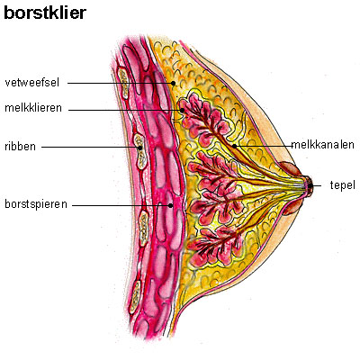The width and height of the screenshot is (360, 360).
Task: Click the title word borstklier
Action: click(x=45, y=13)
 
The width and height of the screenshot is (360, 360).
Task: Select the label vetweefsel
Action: click(x=32, y=83)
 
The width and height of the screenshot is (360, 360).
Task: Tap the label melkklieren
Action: click(x=33, y=108)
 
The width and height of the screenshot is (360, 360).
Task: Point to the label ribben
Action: click(x=20, y=147)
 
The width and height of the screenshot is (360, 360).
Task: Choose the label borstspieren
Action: click(x=36, y=204)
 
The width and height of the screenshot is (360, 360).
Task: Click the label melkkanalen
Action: click(x=323, y=145)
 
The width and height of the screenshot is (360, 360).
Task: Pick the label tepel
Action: click(x=343, y=185)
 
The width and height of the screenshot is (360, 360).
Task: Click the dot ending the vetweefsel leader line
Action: click(x=173, y=83)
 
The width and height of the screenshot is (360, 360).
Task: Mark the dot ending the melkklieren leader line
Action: click(x=182, y=110)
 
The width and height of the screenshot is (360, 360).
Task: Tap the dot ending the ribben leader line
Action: click(x=139, y=148)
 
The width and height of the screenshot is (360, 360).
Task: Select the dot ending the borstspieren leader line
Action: click(x=170, y=205)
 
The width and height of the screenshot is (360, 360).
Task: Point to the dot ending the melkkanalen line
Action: click(x=234, y=146)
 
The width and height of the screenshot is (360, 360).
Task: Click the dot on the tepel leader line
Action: click(x=310, y=186)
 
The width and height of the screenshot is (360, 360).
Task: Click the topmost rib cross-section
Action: click(x=123, y=83)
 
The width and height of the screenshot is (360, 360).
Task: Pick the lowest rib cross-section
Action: click(x=135, y=297)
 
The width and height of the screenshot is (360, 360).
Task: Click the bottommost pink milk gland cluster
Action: click(x=215, y=247)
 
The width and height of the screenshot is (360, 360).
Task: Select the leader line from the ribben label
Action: click(x=91, y=148)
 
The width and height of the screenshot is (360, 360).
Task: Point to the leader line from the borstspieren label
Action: click(x=121, y=205)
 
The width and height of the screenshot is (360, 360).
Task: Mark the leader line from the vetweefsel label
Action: click(x=121, y=83)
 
